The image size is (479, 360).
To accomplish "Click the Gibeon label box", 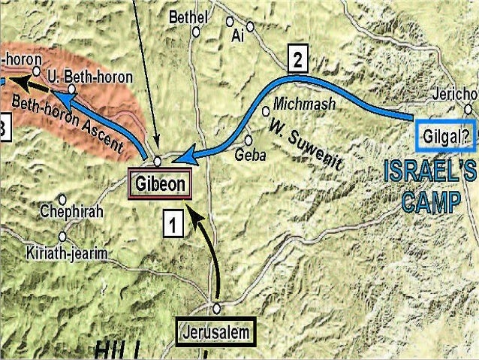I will [x=159, y=183].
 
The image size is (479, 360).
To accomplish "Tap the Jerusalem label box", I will [x=216, y=331].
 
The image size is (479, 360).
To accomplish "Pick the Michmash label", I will [x=304, y=104].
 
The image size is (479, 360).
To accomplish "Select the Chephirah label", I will [x=72, y=211].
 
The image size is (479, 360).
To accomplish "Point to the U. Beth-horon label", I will [x=89, y=77].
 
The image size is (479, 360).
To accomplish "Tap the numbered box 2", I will [x=298, y=60].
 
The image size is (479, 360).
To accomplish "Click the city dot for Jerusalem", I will [x=216, y=308].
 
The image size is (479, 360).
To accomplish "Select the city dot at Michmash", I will [x=266, y=111].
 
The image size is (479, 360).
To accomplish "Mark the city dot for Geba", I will [x=249, y=140].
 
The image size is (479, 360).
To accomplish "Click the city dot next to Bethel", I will [x=197, y=32].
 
